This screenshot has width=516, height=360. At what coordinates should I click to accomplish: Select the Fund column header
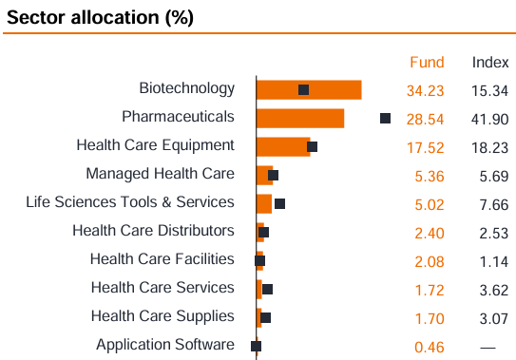(427, 63)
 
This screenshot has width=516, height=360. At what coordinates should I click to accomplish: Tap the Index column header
(490, 63)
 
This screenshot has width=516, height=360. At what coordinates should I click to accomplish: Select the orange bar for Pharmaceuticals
(300, 118)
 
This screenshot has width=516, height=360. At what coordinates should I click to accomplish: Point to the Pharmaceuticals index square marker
(385, 118)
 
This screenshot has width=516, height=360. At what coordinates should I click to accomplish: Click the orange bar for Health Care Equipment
(283, 146)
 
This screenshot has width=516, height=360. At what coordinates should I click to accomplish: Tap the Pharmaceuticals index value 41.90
(490, 119)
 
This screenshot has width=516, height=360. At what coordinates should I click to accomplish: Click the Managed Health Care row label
(160, 174)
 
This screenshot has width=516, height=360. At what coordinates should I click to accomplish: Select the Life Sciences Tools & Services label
(130, 202)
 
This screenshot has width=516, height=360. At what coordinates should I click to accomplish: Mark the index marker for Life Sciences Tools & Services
(279, 203)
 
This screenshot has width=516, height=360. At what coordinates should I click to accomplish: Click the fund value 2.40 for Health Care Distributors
(430, 231)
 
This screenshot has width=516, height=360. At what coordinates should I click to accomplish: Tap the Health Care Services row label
(162, 288)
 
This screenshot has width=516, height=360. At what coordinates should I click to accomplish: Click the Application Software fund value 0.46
(430, 347)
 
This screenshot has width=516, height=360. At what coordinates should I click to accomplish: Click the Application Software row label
(164, 345)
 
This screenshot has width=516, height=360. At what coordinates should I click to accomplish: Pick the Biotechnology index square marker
(303, 89)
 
